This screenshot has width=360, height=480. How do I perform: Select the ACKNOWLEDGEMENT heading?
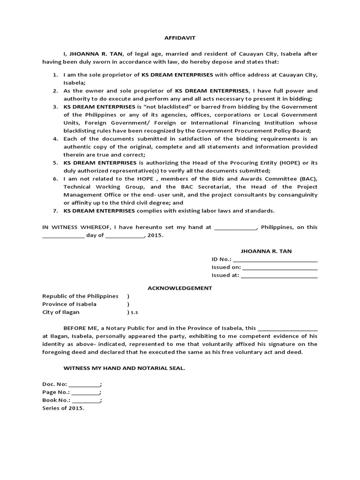(x=180, y=288)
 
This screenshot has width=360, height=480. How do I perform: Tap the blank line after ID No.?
(x=275, y=260)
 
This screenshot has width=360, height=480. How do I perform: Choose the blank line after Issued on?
(x=280, y=268)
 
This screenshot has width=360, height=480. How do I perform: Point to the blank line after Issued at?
(x=279, y=276)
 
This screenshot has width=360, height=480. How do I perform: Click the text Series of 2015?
(x=63, y=408)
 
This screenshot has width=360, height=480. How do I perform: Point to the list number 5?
(x=55, y=163)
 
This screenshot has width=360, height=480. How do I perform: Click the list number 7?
(x=55, y=210)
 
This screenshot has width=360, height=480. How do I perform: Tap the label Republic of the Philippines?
(x=80, y=296)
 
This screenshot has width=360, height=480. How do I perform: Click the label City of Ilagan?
(x=61, y=312)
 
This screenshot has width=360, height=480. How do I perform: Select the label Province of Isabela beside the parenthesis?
(x=69, y=304)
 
